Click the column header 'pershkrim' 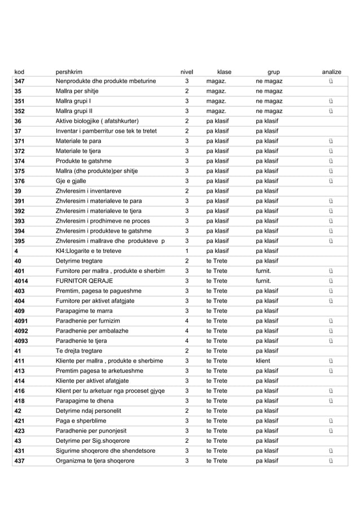[x=69, y=72]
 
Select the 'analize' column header [x=331, y=72]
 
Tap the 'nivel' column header [x=186, y=72]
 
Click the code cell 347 [x=21, y=82]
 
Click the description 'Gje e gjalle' [x=73, y=181]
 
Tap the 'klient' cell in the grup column [x=262, y=360]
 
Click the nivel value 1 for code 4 [x=186, y=251]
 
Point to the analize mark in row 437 [x=331, y=461]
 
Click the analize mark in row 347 [x=331, y=82]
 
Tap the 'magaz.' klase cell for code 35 [x=216, y=91]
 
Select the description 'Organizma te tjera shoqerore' [x=95, y=461]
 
